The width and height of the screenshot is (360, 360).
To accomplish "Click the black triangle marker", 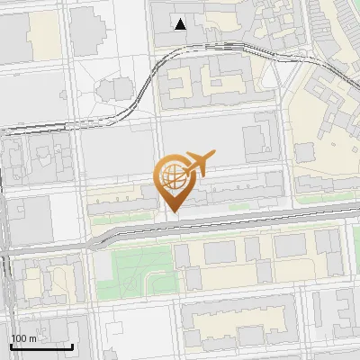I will tap(181, 24).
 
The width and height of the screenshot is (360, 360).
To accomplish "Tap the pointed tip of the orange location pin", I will tap(172, 212).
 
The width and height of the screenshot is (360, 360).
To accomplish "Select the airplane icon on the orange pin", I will tap(199, 164).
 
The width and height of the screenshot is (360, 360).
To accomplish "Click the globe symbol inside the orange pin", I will tap(172, 175).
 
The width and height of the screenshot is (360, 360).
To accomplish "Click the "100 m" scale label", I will tap(23, 338).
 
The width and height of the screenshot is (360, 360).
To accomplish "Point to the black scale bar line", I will tap(41, 346).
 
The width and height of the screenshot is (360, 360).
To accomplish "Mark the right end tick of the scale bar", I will tap(73, 345).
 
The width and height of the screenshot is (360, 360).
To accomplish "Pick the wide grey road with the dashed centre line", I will tap(225, 224).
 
